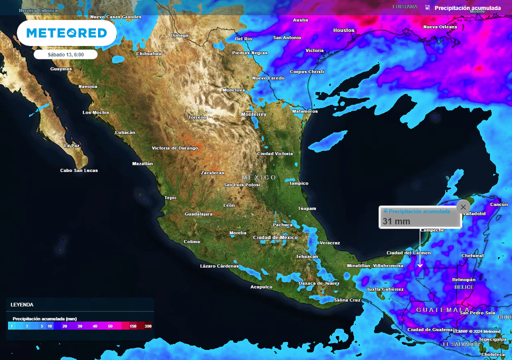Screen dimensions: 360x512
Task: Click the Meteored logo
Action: pos(66,33)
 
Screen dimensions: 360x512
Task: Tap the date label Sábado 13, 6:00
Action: pos(65,54)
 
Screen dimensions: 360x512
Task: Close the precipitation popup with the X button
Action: pos(463,206)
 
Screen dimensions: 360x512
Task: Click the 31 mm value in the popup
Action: pos(396,221)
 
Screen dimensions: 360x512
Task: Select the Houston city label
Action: pos(343,30)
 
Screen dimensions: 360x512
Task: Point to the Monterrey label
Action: pos(253,114)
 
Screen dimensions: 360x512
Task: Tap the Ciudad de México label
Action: pos(275,237)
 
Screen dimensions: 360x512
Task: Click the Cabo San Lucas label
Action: pos(79,170)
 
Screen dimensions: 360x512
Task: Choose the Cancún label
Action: pos(499,204)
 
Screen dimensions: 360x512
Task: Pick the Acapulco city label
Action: pos(261,287)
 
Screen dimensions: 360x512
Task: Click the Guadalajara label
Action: pos(198,214)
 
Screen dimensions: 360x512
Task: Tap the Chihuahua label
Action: pos(148,53)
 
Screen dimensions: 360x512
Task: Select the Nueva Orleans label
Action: pos(440,27)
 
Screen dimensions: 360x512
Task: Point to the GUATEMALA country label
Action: pos(443,310)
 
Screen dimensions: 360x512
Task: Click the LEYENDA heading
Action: pos(22,304)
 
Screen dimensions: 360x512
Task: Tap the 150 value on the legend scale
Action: pos(133,326)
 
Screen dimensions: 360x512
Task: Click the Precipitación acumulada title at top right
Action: pos(467,8)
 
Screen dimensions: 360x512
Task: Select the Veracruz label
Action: pos(329,243)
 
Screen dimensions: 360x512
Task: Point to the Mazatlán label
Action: pos(142,163)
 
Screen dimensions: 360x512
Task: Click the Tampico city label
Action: pos(298,183)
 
